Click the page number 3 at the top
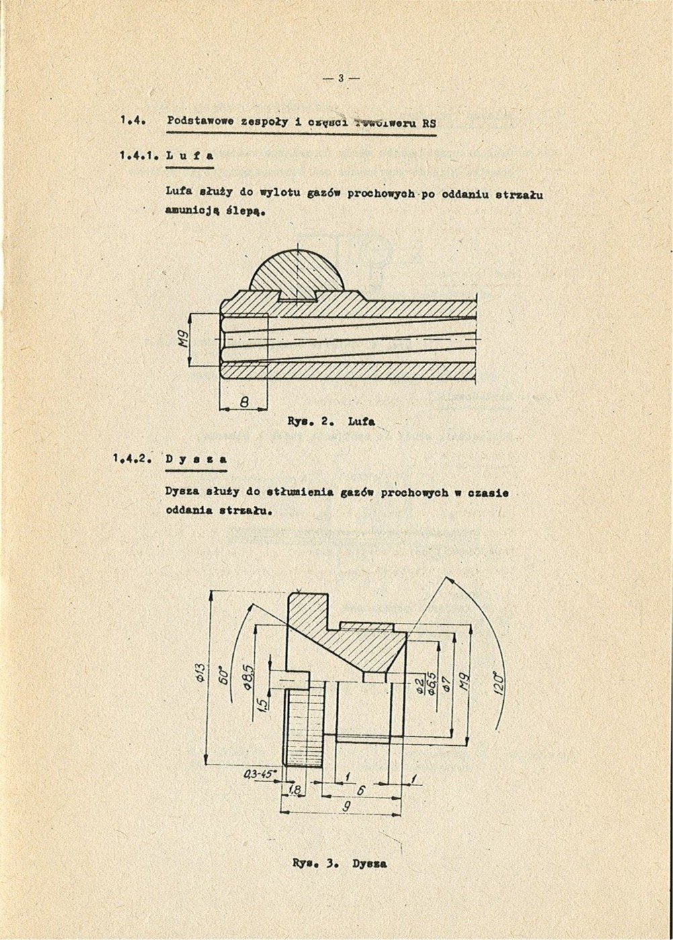coord(341,78)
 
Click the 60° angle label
coord(226,675)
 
